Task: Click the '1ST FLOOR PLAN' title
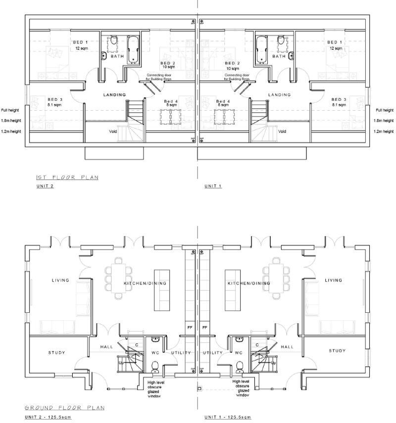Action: pos(66,177)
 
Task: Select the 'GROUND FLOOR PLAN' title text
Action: pos(64,408)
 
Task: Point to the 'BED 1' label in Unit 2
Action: pos(80,42)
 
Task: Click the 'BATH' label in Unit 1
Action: pos(279,56)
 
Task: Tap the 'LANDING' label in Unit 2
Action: pos(114,94)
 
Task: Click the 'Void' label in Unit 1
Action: pos(282,131)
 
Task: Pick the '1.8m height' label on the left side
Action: pos(11,121)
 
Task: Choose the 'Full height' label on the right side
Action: pos(385,110)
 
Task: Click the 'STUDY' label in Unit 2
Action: pos(56,352)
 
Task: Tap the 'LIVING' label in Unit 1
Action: pos(333,280)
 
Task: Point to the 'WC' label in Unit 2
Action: pos(155,353)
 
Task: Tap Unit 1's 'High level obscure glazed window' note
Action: pos(243,388)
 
